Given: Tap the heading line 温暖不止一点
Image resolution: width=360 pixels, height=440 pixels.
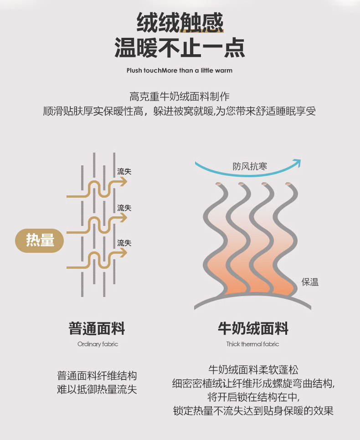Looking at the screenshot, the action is point(180,48).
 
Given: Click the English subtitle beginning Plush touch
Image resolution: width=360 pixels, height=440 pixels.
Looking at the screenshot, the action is point(180,71).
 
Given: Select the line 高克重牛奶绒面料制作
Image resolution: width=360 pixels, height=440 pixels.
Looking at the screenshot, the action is point(180,97).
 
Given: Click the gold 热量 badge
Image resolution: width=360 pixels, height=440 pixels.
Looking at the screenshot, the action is point(40,240).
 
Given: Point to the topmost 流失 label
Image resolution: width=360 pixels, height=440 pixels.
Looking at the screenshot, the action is point(124,172).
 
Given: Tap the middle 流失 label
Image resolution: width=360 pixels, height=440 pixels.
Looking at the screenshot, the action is point(124,208).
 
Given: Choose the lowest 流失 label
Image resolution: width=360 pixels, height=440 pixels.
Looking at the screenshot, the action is point(124,243).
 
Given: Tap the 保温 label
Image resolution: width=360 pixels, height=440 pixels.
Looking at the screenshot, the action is point(310,282).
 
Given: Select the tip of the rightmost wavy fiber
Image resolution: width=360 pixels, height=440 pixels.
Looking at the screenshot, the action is point(288,184).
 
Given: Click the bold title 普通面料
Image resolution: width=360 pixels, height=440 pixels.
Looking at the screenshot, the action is point(97,328).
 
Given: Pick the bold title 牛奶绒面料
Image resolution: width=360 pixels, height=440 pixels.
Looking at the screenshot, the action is point(253,328).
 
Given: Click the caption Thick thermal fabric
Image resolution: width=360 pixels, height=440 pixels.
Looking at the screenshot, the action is point(252,344).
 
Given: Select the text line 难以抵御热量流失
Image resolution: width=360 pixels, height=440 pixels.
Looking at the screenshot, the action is point(97,390).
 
